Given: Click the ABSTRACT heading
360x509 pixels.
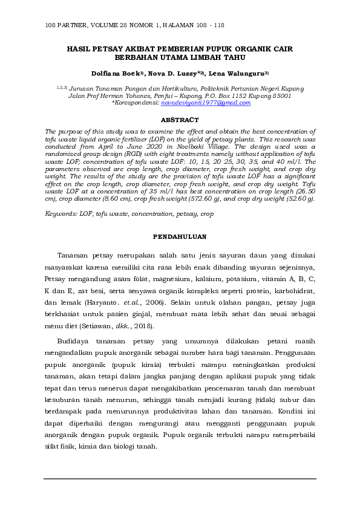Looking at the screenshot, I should point(180,120).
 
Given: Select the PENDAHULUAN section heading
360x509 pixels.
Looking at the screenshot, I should point(180,236).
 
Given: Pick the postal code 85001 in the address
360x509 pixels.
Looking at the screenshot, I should point(280,96).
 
